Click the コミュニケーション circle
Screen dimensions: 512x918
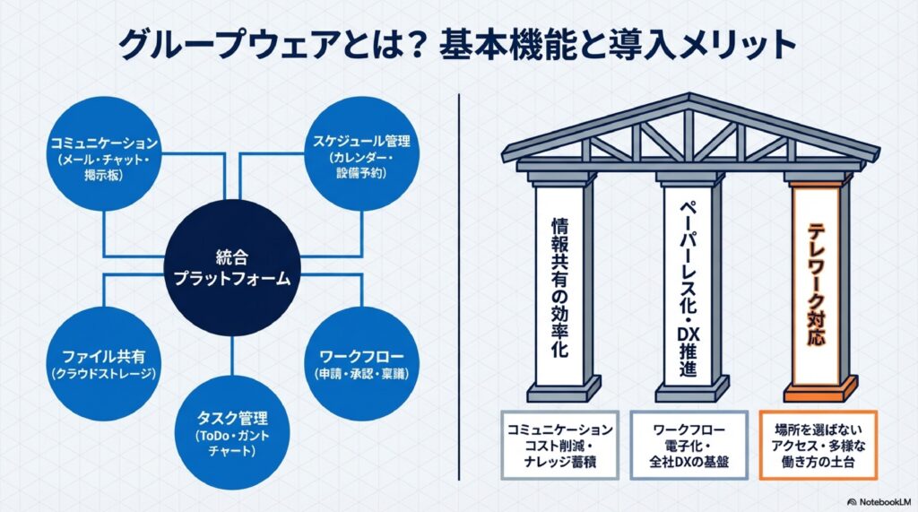[104, 158]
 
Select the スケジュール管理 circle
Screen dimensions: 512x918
[361, 158]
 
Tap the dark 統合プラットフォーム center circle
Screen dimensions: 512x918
[232, 266]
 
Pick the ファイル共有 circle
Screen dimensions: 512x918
[104, 363]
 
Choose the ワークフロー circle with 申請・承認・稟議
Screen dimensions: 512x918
[361, 363]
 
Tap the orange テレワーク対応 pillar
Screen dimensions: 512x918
[817, 287]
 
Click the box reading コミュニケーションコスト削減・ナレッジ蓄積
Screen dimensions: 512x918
[559, 445]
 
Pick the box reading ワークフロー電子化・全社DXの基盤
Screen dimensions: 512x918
[688, 445]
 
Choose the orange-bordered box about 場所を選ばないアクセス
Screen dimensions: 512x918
[816, 445]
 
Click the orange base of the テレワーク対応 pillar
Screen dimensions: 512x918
[817, 392]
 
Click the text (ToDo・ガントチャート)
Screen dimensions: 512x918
[232, 443]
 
